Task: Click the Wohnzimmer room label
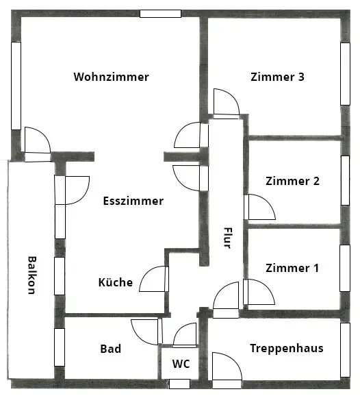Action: point(112,77)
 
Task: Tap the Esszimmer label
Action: point(133,201)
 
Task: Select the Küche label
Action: point(116,282)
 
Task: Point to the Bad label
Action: point(111,349)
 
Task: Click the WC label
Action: point(181,364)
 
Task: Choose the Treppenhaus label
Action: point(287,349)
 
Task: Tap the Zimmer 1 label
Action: point(292,268)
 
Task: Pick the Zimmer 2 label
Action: point(293,181)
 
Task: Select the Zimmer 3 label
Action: point(277,77)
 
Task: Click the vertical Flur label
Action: point(227,238)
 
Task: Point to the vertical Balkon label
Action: point(32,275)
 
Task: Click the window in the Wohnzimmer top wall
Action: point(160,14)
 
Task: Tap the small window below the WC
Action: point(179,384)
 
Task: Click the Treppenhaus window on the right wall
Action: point(345,350)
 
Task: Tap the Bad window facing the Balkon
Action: point(60,347)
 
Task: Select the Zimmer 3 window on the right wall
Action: point(345,74)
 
